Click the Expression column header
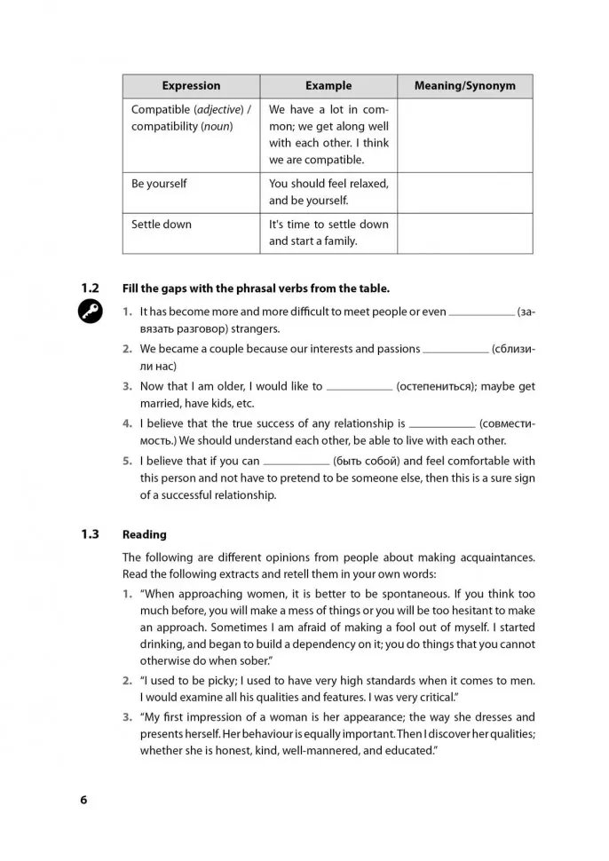tap(191, 86)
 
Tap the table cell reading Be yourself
tap(160, 184)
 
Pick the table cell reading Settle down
tap(162, 225)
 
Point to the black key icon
tap(90, 312)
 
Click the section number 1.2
tap(90, 288)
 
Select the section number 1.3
tap(90, 534)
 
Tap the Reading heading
tap(145, 534)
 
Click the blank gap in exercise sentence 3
tap(360, 388)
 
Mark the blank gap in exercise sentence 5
tap(297, 462)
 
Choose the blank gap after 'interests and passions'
tap(455, 351)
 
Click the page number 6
tap(83, 800)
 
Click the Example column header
tap(328, 86)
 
